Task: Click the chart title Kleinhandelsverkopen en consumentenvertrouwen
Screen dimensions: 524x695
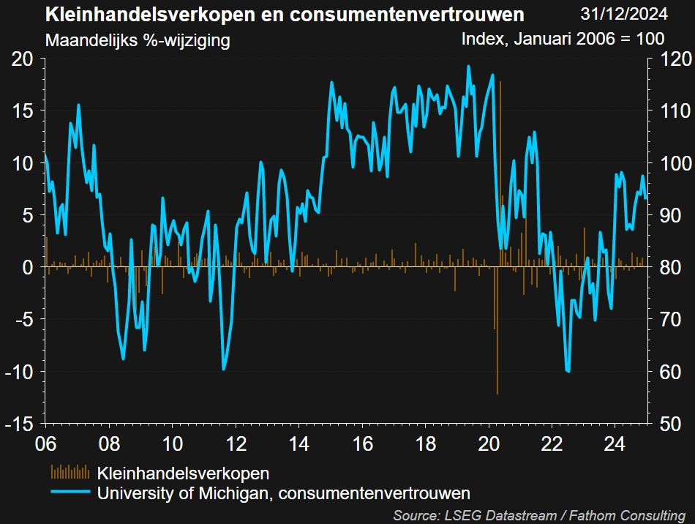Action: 285,14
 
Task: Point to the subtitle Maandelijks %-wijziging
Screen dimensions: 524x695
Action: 138,40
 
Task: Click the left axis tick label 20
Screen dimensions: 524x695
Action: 23,59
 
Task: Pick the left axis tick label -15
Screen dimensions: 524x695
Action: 20,424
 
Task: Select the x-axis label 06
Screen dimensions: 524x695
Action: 45,444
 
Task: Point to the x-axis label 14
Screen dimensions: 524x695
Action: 299,444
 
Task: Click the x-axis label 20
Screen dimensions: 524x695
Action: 489,444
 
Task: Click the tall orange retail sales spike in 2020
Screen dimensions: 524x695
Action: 500,146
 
